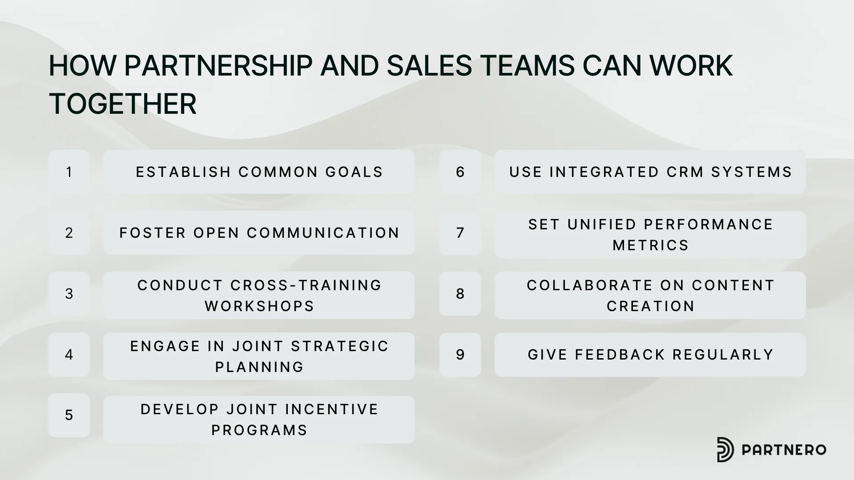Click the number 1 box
tap(69, 172)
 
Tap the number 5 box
tap(69, 415)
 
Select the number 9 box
tap(460, 355)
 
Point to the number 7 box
tap(460, 233)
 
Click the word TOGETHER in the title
tap(123, 104)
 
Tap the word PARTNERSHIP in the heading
tap(218, 66)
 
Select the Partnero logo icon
tap(725, 449)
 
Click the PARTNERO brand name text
tap(784, 450)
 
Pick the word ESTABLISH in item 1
tap(184, 172)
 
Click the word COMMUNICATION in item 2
tap(323, 233)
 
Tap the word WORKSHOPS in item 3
tap(260, 306)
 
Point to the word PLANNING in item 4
tap(260, 367)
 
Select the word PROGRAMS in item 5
tap(260, 430)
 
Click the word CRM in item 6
tap(685, 172)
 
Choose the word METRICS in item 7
tap(651, 245)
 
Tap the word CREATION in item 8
tap(651, 306)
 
